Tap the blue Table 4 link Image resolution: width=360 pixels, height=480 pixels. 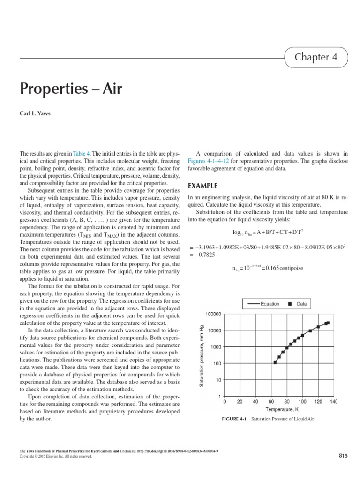(82, 153)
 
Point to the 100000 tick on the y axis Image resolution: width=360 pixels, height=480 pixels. (213, 314)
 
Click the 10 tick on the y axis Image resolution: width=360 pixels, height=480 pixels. (218, 380)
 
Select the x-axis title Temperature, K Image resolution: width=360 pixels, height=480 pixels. (279, 409)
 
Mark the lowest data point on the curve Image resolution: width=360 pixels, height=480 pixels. (275, 363)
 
